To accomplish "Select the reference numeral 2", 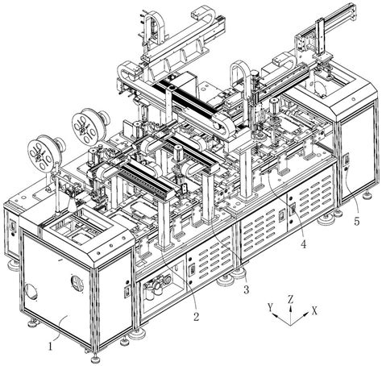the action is tap(197, 316).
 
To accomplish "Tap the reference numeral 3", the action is tap(246, 289).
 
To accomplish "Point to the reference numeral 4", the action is tap(303, 244).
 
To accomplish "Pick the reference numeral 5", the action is tap(356, 222).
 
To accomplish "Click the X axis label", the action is tap(314, 311).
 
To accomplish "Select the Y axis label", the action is tap(270, 306).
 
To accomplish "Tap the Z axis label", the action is tap(290, 299).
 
